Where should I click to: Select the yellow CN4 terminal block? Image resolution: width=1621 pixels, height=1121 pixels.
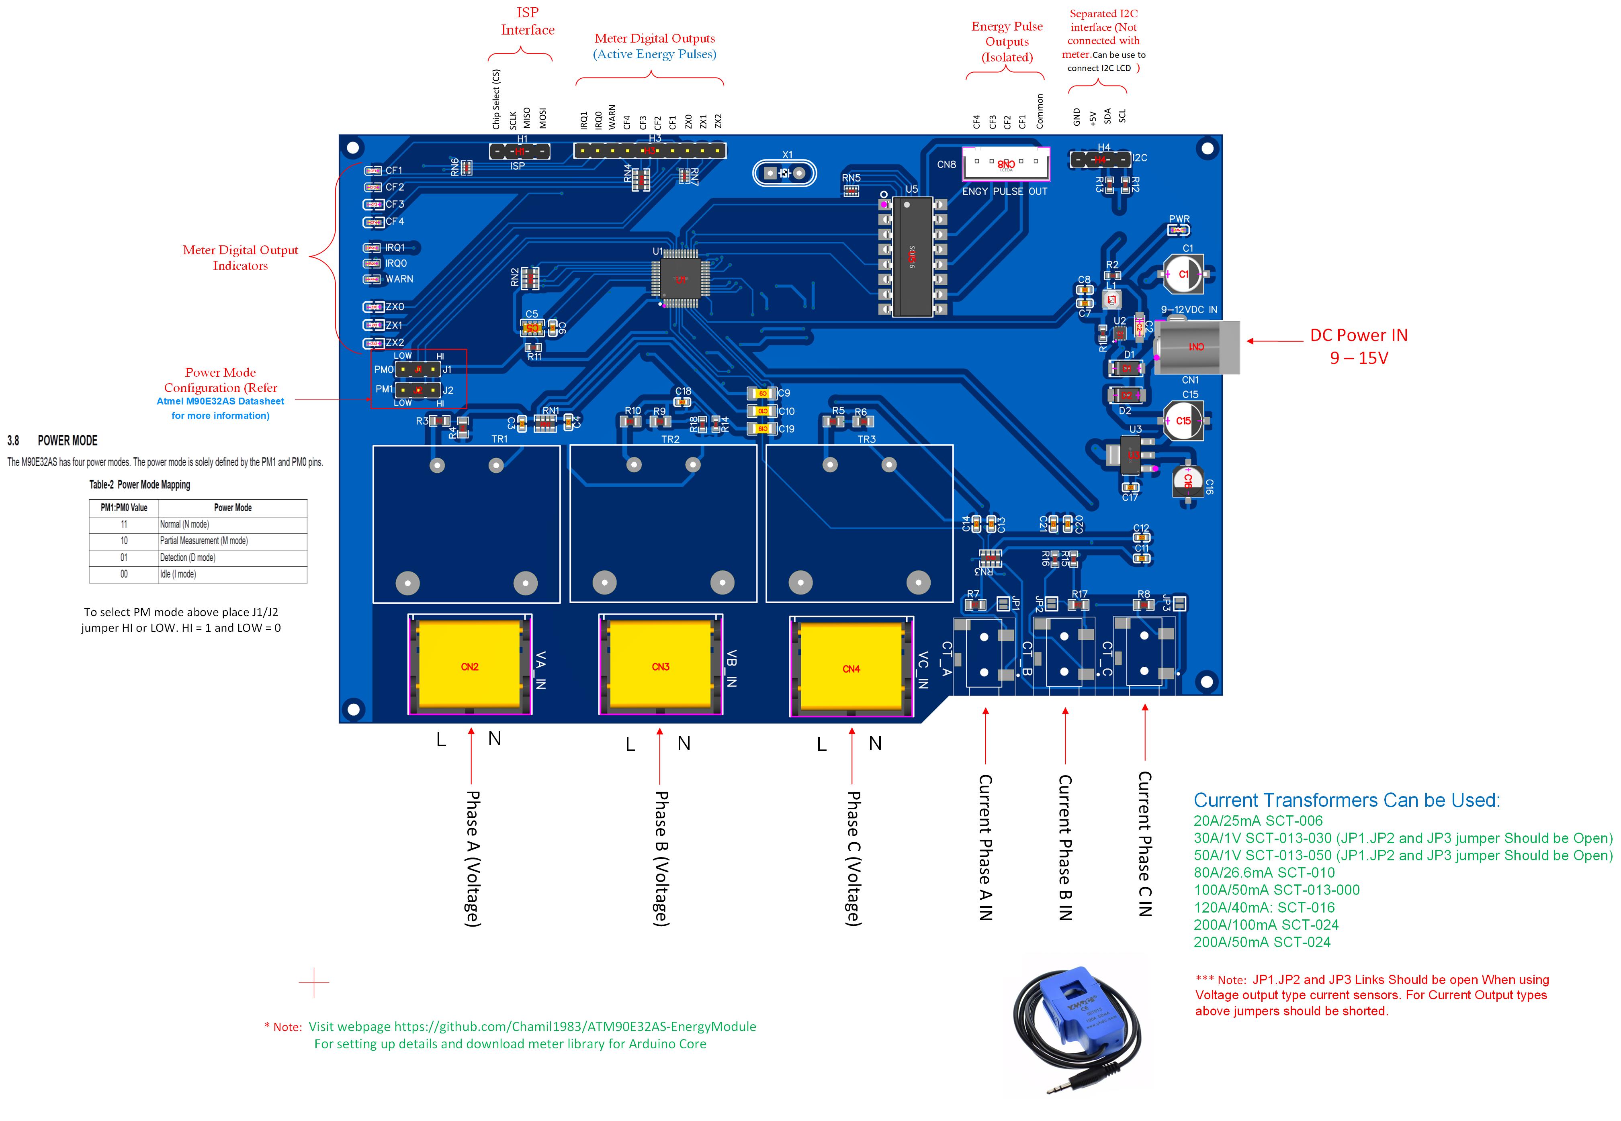pyautogui.click(x=851, y=667)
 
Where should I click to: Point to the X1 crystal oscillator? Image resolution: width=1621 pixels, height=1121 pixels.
pyautogui.click(x=784, y=173)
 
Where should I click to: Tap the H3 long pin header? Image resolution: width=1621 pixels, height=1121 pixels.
pyautogui.click(x=649, y=150)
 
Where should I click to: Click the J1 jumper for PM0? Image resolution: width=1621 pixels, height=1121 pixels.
pyautogui.click(x=418, y=369)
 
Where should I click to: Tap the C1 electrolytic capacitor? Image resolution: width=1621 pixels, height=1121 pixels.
pyautogui.click(x=1184, y=274)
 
